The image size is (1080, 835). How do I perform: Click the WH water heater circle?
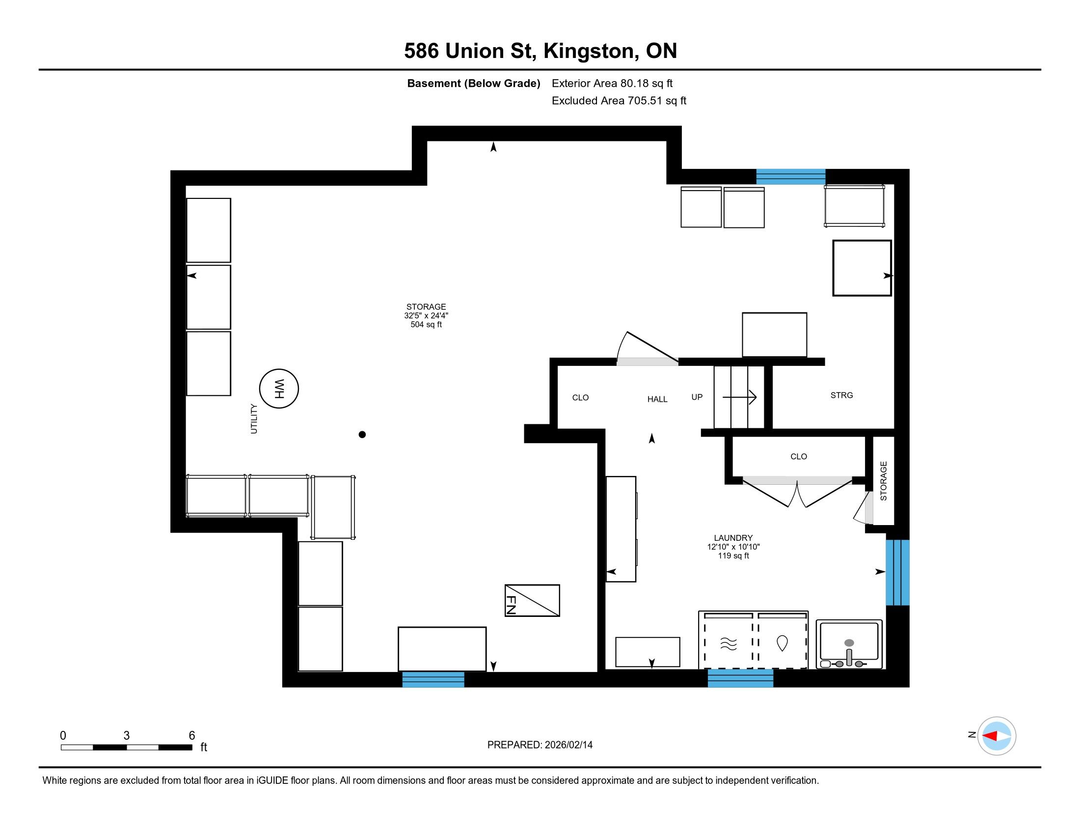(279, 389)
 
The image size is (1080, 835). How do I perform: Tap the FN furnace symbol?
(532, 601)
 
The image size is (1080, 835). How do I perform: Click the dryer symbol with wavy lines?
(729, 643)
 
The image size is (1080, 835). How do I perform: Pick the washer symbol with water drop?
(782, 643)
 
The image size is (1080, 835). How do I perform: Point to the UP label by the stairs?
(697, 397)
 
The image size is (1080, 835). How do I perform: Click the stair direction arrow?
(739, 397)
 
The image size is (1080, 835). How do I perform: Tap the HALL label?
(657, 399)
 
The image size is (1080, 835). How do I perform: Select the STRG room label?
(841, 395)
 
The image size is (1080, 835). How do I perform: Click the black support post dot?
(362, 435)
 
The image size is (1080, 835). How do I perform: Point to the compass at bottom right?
(997, 736)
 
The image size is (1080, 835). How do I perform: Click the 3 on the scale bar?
(127, 736)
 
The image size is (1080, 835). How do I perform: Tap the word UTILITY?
(254, 419)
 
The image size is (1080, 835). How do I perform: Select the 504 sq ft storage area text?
(426, 325)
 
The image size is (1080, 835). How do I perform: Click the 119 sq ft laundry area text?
(733, 556)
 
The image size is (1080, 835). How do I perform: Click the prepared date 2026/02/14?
(568, 745)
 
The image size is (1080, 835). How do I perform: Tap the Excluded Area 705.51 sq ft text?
(619, 101)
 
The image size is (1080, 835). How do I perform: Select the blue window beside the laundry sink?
(897, 572)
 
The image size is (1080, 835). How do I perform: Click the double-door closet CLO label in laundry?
(799, 457)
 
